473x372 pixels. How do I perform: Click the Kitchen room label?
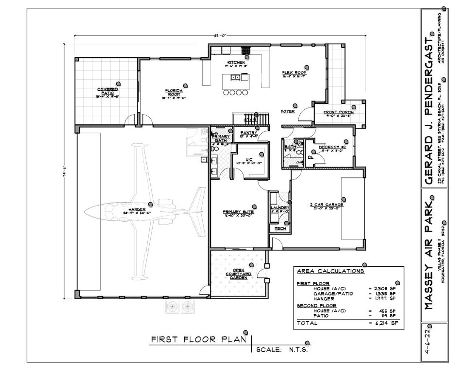(236, 62)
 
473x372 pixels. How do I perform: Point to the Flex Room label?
(294, 72)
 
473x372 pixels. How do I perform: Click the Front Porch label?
(338, 112)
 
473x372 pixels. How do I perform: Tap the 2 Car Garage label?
(326, 205)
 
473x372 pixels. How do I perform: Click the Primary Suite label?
(238, 212)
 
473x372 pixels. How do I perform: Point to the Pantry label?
(249, 133)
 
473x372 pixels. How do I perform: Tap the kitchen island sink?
(234, 78)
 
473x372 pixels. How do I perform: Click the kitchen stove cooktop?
(246, 50)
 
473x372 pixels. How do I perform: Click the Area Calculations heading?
(330, 271)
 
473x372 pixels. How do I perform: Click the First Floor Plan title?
(198, 339)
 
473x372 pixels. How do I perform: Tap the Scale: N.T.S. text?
(282, 349)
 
